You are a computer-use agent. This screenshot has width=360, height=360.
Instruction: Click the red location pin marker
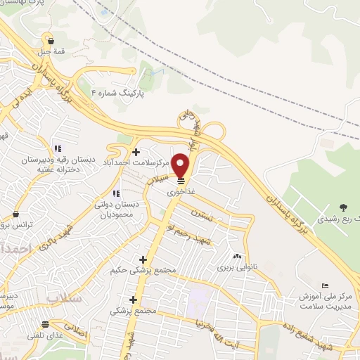point(181,166)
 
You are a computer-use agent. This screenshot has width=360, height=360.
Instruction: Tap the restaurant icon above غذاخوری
point(181,181)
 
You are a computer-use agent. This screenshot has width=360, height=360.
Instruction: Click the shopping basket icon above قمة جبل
point(51,41)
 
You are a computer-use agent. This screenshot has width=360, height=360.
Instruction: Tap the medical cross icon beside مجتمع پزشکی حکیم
point(143,259)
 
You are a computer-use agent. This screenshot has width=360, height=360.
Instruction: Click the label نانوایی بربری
point(233,267)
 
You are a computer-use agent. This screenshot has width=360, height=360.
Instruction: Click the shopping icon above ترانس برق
point(15,214)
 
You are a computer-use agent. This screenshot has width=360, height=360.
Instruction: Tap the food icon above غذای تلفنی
point(46,324)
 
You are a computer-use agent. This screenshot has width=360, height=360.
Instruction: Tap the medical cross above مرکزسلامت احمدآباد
point(136,152)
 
